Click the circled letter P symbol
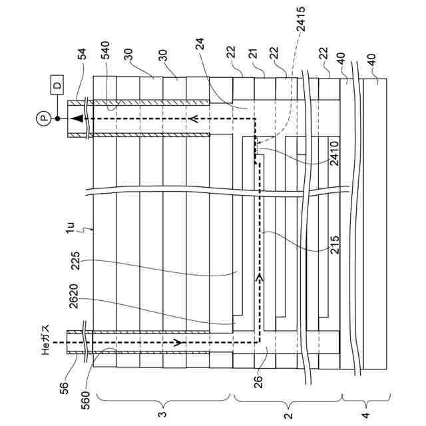[44, 118]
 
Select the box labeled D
[57, 85]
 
